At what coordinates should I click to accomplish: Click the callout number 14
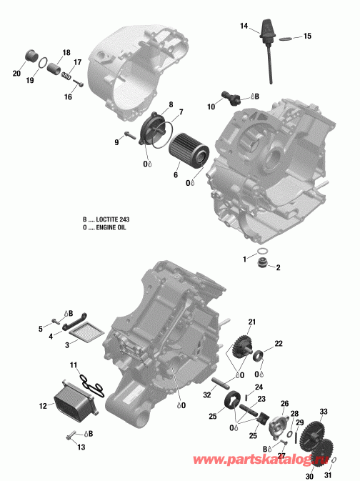click(244, 26)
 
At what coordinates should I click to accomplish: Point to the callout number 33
click(323, 412)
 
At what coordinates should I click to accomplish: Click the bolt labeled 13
click(70, 435)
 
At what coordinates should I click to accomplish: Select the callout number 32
click(206, 394)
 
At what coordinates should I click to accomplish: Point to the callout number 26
click(284, 404)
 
